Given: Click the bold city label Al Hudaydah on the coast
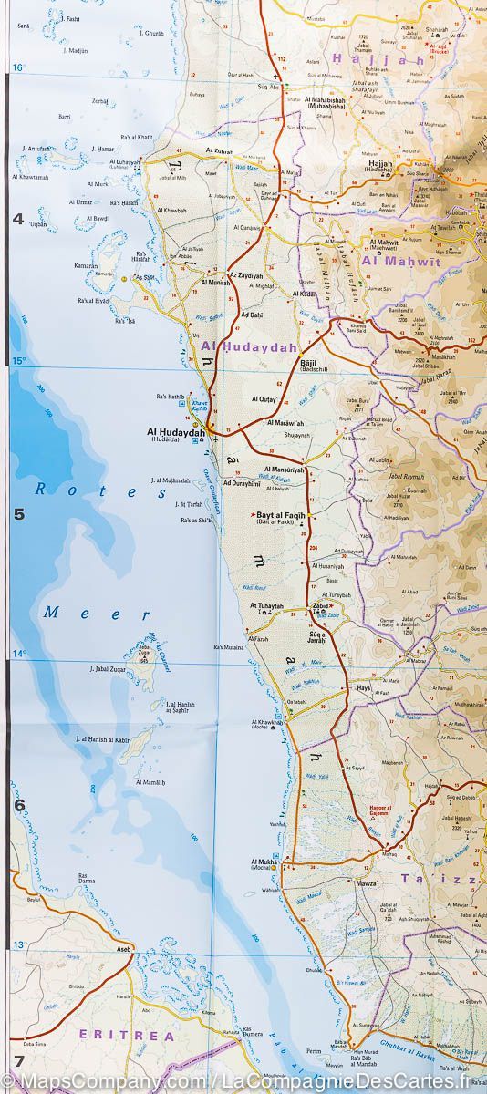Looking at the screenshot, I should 174,431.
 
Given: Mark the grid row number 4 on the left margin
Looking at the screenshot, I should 17,219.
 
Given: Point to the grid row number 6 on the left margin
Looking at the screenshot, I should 17,805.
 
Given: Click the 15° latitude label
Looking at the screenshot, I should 17,363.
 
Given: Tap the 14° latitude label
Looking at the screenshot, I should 17,654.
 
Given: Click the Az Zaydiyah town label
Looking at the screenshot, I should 244,273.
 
